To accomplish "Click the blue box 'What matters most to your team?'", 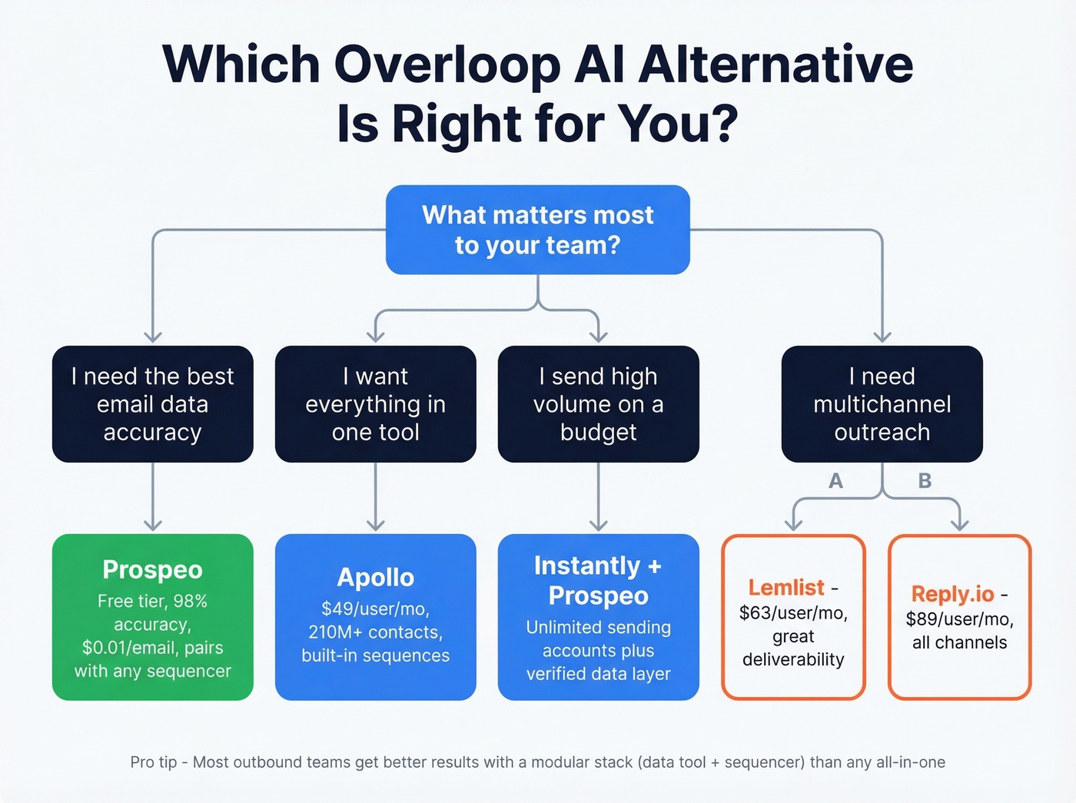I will pos(537,230).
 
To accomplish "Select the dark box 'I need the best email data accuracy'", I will pos(152,404).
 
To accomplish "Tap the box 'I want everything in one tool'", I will pos(375,404).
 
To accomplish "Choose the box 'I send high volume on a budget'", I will pos(598,404).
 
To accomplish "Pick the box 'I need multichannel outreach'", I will pos(882,404).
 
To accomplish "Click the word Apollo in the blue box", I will pos(375,577).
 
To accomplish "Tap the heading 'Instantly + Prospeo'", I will pos(598,580).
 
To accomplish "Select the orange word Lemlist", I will pos(785,588).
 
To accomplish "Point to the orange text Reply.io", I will pos(951,594).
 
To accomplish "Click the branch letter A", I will pos(835,481).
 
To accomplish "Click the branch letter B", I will pos(925,481).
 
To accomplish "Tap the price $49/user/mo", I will pos(374,609).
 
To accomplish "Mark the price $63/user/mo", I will pos(792,613).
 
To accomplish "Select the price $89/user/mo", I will pos(958,619).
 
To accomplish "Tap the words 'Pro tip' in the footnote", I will pos(153,762).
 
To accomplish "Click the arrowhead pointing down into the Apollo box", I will pos(375,525).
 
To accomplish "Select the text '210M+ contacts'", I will pos(374,632).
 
